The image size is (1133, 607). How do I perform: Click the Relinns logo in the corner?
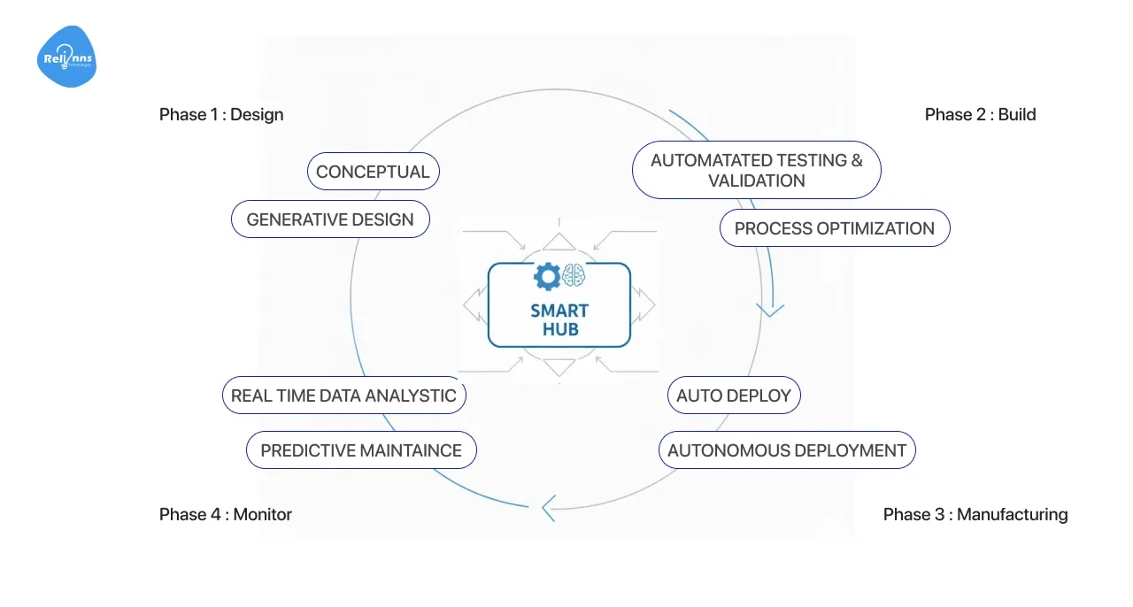pos(67,58)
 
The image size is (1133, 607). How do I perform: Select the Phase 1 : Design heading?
pos(221,114)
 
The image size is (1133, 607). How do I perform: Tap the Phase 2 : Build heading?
pos(980,114)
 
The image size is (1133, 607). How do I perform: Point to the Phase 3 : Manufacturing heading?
pos(975,514)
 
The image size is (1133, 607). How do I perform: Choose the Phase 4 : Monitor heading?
pos(226,514)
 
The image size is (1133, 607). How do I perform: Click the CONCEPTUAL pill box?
pos(373,172)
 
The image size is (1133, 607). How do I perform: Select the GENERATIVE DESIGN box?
pos(330,219)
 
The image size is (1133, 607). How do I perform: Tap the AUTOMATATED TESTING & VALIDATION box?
pos(756,170)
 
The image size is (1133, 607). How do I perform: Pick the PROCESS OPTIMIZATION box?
pos(834,228)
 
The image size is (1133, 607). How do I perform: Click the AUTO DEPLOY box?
pos(734,396)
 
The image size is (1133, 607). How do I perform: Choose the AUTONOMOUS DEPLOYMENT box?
pos(787,450)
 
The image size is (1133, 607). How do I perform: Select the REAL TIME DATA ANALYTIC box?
pos(343,396)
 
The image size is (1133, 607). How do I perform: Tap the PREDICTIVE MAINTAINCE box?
pos(361,450)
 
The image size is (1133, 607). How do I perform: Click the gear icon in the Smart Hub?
pos(546,277)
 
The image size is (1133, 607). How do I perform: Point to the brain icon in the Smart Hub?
pos(574,277)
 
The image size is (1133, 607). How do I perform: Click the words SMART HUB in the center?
pos(559,320)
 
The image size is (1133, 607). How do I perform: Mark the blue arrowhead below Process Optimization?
pos(770,310)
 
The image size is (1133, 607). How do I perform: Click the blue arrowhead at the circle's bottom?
pos(548,508)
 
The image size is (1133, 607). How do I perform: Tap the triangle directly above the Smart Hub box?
pos(559,242)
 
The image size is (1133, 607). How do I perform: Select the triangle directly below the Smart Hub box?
pos(559,366)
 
